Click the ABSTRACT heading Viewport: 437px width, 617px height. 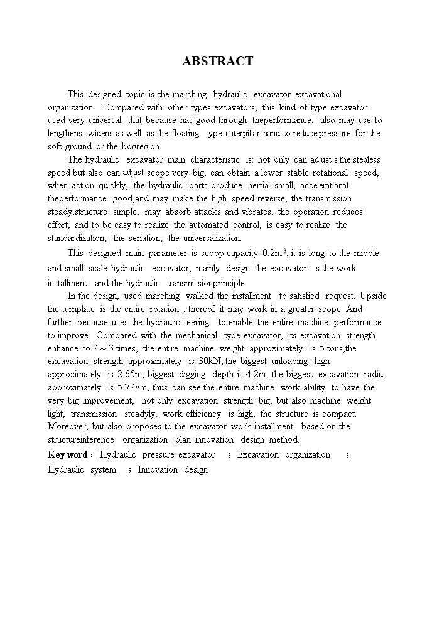click(218, 61)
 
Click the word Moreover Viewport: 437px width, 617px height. click(67, 427)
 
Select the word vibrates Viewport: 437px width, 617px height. click(256, 212)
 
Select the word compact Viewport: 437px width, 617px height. click(340, 414)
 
